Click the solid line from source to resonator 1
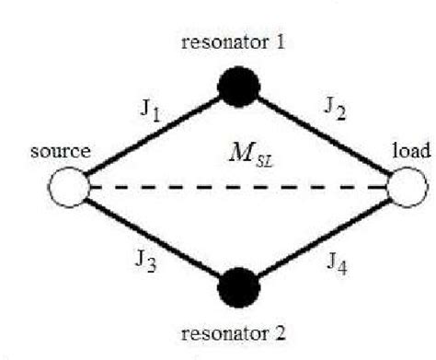(x=152, y=138)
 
